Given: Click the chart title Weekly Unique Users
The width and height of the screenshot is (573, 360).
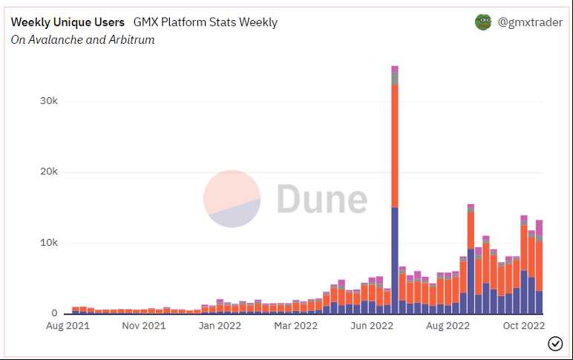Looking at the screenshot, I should (68, 22).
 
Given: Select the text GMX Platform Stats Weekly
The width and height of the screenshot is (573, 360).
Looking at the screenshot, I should (205, 22).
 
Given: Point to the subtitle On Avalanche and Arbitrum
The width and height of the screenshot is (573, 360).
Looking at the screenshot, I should (82, 39).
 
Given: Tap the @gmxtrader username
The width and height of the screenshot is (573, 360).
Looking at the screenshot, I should (528, 22).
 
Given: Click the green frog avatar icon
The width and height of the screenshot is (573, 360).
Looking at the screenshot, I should (483, 22).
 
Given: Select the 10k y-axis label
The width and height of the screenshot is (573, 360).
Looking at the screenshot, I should (48, 243).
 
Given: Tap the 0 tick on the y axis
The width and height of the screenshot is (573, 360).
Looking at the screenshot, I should (54, 313).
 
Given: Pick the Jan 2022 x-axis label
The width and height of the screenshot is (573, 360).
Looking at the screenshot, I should (220, 326).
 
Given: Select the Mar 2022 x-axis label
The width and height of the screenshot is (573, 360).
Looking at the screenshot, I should (295, 326).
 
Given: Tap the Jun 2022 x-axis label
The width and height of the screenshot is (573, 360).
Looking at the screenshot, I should (371, 326).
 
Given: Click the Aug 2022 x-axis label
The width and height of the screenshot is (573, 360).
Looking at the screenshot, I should (448, 326).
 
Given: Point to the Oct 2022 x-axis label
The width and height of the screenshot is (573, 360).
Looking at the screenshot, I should (523, 326).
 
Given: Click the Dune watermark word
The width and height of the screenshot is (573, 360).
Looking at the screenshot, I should (321, 199).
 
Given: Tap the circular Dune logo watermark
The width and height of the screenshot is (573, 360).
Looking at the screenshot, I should (232, 199).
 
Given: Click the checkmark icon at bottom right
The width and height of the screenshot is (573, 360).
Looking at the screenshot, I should (554, 343).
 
